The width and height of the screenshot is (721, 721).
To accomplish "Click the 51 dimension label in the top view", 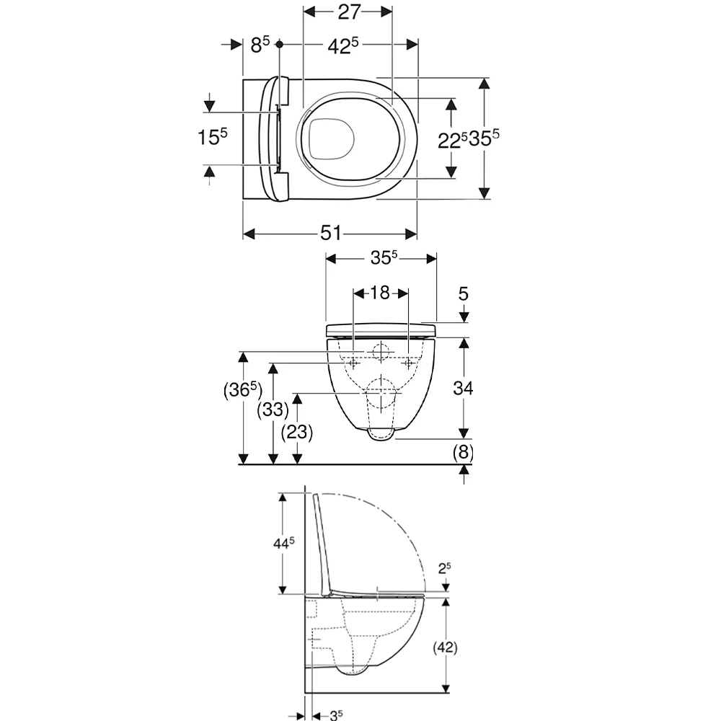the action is point(331,233).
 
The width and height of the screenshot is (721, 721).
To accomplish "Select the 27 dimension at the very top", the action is point(349,12).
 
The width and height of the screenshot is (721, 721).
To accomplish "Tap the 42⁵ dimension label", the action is point(342,45).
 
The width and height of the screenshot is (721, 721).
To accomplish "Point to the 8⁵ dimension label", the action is point(260,45).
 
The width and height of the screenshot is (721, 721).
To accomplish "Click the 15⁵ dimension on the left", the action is point(213,136).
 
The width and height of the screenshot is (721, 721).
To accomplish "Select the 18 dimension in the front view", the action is point(380,293).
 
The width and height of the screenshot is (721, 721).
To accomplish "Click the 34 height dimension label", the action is point(463,389).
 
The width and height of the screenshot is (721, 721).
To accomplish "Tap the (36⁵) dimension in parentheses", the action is point(243,390).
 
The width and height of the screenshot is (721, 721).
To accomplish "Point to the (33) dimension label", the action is point(273,410).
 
